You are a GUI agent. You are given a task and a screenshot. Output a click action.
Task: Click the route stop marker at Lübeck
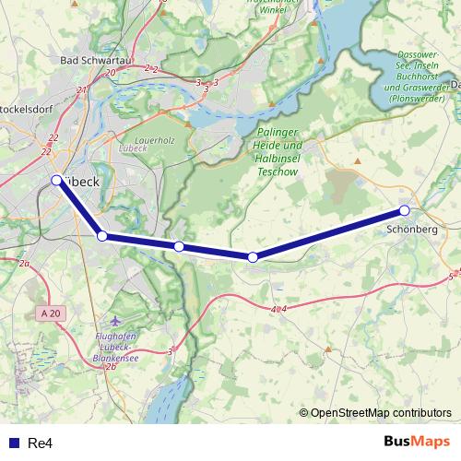point(56,180)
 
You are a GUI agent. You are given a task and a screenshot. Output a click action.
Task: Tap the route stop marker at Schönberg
point(404,211)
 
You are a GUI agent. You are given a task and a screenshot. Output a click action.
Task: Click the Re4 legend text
point(40,443)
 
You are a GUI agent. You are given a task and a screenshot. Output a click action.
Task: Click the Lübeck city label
point(81,183)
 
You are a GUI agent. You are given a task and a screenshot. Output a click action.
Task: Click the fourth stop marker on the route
point(253,256)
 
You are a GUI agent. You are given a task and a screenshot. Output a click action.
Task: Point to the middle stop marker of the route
point(179,246)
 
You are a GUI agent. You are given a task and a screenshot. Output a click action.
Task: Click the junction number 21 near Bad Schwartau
point(82,89)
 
